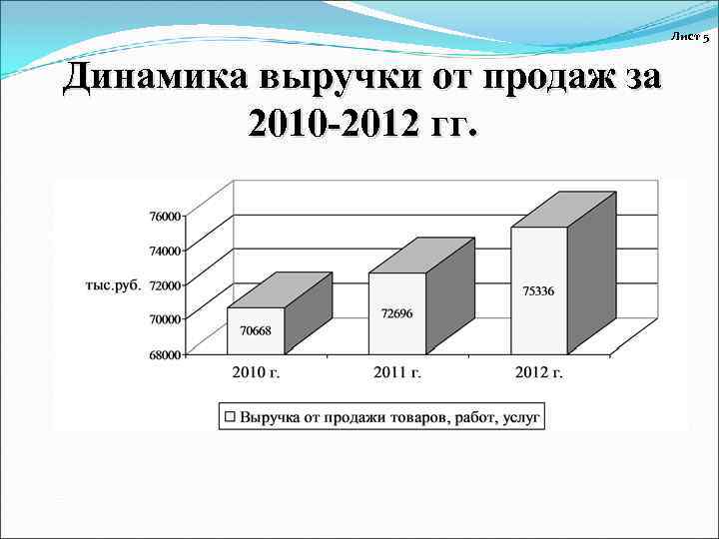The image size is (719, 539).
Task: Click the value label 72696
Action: click(396, 312)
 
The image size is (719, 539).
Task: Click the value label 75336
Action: click(539, 290)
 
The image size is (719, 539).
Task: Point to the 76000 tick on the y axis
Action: click(166, 216)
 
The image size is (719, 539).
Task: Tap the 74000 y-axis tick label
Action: click(166, 251)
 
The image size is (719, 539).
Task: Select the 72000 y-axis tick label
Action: click(166, 284)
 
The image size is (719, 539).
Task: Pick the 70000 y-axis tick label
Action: click(166, 318)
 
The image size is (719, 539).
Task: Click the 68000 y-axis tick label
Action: click(166, 353)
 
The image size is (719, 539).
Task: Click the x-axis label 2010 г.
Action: click(256, 373)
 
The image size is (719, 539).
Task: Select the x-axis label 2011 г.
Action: click(397, 373)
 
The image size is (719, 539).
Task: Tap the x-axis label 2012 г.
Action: click(539, 373)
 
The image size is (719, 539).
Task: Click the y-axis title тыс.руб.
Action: click(112, 284)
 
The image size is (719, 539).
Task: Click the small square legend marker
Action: click(230, 416)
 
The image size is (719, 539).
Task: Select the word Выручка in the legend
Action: click(272, 416)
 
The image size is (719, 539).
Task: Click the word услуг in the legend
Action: click(517, 416)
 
